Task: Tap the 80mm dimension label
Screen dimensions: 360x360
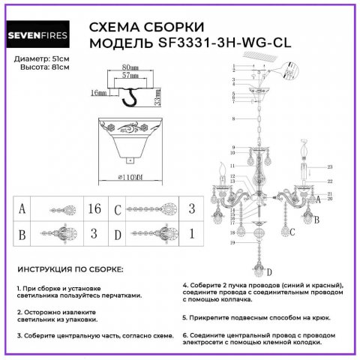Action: point(133,67)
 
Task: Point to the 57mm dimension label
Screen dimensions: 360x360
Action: point(133,76)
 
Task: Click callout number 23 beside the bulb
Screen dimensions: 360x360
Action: point(329,165)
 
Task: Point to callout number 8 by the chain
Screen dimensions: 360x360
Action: point(233,119)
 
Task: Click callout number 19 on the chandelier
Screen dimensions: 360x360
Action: point(233,243)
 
